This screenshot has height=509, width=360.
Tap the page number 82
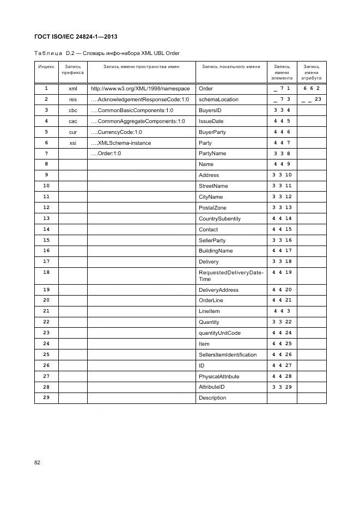point(38,462)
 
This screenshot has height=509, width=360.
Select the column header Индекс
point(46,66)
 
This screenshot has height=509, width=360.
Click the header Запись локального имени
point(231,66)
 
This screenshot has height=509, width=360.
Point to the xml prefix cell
point(73,88)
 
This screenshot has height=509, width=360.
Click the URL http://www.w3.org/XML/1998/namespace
point(140,88)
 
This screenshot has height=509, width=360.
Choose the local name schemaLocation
point(218,100)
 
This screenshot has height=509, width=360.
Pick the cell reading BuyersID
point(210,111)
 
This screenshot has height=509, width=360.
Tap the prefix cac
point(73,121)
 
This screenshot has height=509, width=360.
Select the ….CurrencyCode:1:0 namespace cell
point(116,132)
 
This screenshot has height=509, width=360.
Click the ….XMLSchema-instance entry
point(121,143)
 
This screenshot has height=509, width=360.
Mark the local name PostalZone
point(212,208)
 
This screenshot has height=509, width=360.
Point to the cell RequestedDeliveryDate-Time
point(231,275)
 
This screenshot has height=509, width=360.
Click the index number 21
point(46,311)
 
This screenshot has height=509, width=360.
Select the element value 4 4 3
point(282,311)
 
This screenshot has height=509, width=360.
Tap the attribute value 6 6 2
point(312,88)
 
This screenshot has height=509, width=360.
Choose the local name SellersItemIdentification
point(228,355)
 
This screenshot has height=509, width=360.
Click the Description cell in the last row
point(212,398)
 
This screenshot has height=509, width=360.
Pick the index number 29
point(46,398)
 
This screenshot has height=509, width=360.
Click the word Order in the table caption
point(173,53)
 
